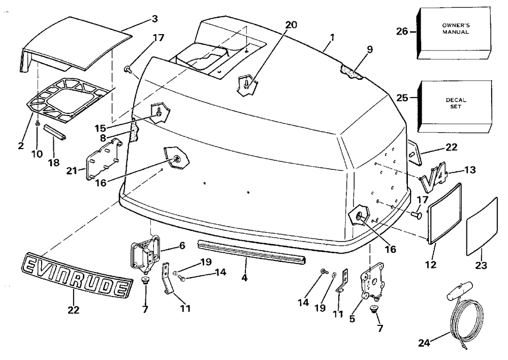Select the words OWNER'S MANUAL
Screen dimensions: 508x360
(x=456, y=28)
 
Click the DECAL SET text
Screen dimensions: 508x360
(x=456, y=103)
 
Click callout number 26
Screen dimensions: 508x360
(x=402, y=32)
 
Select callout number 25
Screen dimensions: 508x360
(x=402, y=97)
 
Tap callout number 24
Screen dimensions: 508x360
(x=424, y=343)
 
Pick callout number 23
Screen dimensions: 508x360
(x=481, y=265)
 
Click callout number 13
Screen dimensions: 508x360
(x=470, y=169)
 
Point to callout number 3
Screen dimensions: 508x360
(x=155, y=19)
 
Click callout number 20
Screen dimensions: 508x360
(x=291, y=24)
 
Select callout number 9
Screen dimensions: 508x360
(x=370, y=49)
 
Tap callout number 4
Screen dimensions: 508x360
(x=245, y=278)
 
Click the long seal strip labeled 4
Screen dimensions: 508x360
(x=252, y=251)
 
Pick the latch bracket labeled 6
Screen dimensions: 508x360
(x=145, y=252)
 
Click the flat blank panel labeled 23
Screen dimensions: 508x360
(x=482, y=226)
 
